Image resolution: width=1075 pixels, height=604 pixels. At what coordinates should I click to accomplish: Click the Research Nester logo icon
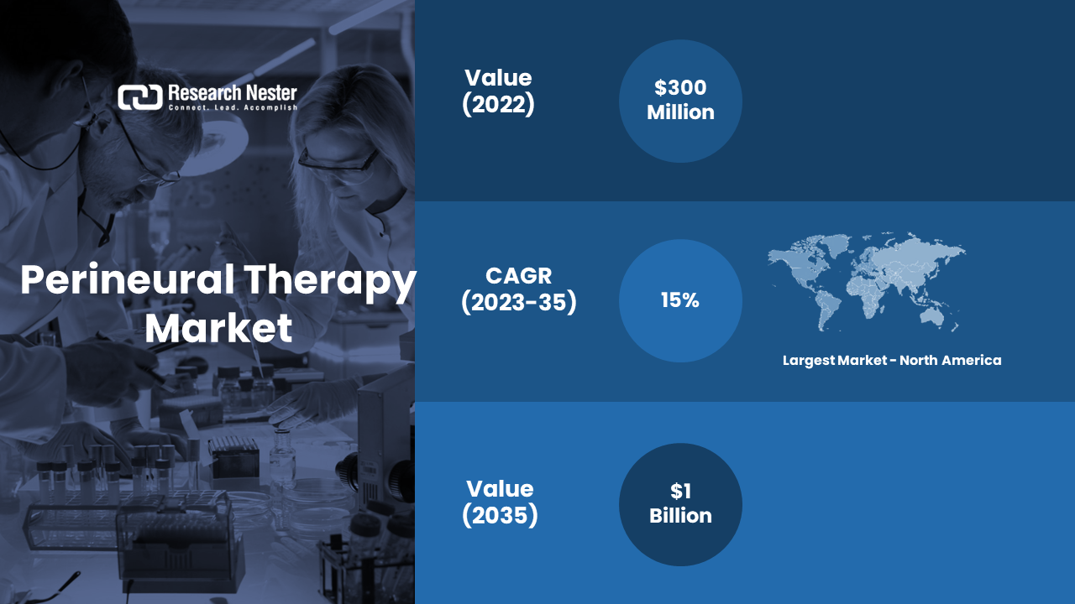(140, 97)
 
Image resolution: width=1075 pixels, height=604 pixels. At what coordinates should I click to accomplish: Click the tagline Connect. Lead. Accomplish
(233, 107)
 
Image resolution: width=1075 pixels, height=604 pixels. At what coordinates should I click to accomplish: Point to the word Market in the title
(218, 328)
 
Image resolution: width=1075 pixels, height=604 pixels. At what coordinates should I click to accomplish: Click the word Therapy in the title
(330, 283)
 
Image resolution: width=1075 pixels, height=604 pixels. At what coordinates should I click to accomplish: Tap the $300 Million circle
(680, 102)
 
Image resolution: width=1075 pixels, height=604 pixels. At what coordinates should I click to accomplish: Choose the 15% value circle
(680, 300)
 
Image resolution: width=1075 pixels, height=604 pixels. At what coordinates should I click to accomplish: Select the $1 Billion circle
(680, 504)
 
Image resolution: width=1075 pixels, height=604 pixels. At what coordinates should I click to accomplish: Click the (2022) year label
(498, 104)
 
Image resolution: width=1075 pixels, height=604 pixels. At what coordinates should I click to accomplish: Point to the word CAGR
(519, 276)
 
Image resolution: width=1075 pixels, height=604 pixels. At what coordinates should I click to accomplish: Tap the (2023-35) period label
(519, 303)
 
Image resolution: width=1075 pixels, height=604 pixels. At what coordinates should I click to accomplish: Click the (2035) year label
(500, 515)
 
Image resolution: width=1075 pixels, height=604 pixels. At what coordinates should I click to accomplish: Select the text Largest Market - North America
(892, 361)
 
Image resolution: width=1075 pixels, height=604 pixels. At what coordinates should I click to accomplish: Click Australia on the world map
(931, 315)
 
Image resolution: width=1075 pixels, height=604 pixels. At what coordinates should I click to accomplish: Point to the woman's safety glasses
(338, 162)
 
